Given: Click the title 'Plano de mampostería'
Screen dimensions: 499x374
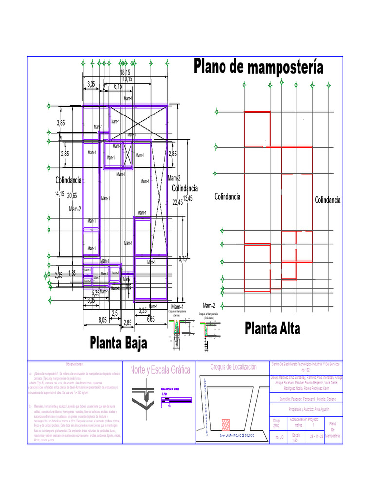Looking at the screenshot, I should coord(258,67).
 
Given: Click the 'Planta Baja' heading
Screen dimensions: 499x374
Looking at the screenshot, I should coord(118,343).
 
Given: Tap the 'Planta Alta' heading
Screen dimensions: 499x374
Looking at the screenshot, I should coord(272,328).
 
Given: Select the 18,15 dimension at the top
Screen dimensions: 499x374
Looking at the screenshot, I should coord(125,73).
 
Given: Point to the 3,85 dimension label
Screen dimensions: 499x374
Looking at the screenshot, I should coord(61,123).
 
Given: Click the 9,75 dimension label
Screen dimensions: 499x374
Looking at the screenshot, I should coord(182,259).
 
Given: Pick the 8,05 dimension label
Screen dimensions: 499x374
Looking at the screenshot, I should coord(102,320).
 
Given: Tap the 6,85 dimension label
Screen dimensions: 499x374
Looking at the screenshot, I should coord(150,320).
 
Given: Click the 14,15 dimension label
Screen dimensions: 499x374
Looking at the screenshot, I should coord(59,194).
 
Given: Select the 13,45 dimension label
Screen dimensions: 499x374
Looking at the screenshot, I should coord(187,198).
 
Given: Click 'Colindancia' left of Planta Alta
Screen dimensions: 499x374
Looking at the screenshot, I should coord(227,197).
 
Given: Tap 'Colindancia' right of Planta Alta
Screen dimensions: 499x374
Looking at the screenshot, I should coord(327,200).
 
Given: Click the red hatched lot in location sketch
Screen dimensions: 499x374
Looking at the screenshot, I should coord(225,422).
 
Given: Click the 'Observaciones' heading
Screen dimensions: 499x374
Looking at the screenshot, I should coord(75,365).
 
